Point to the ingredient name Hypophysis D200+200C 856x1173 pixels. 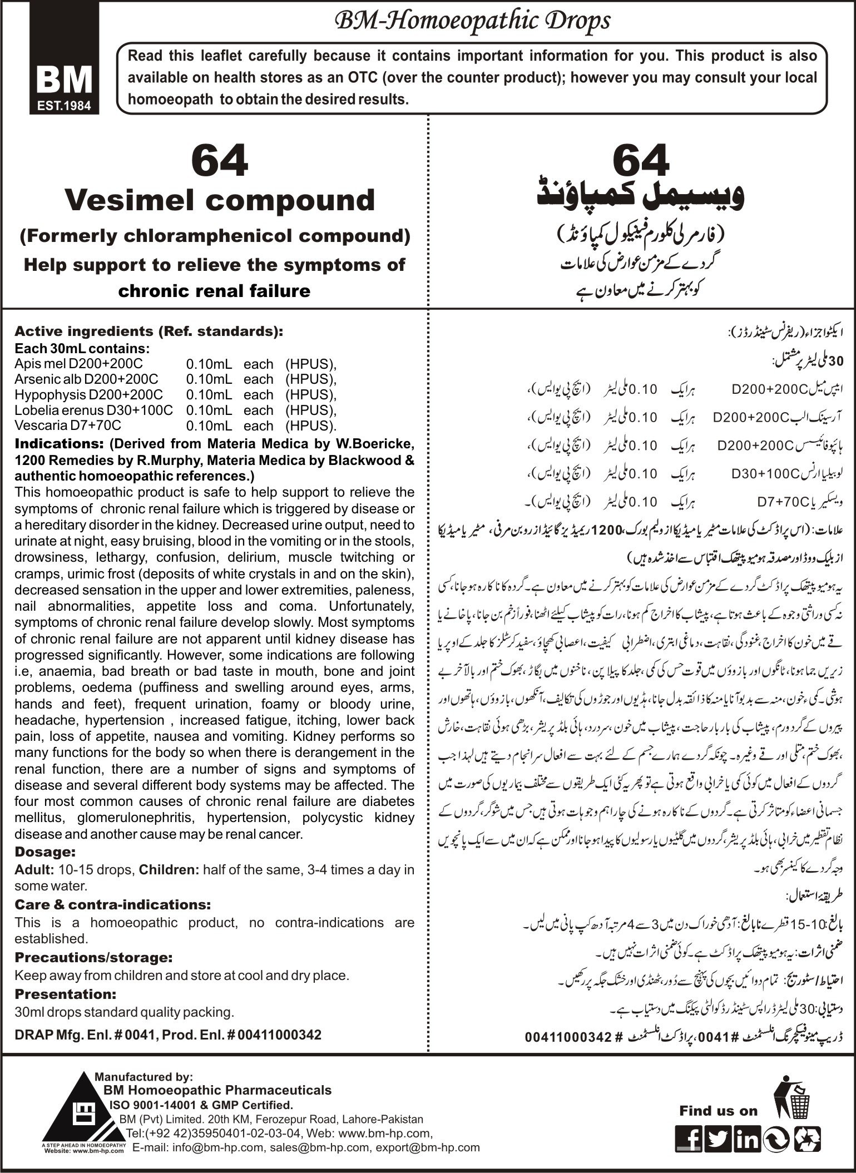click(89, 395)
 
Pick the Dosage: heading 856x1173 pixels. click(45, 852)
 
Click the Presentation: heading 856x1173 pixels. click(65, 993)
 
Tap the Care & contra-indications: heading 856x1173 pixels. click(112, 904)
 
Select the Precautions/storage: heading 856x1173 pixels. click(93, 958)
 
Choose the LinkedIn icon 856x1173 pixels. click(746, 1136)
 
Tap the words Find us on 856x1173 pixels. click(718, 1111)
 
